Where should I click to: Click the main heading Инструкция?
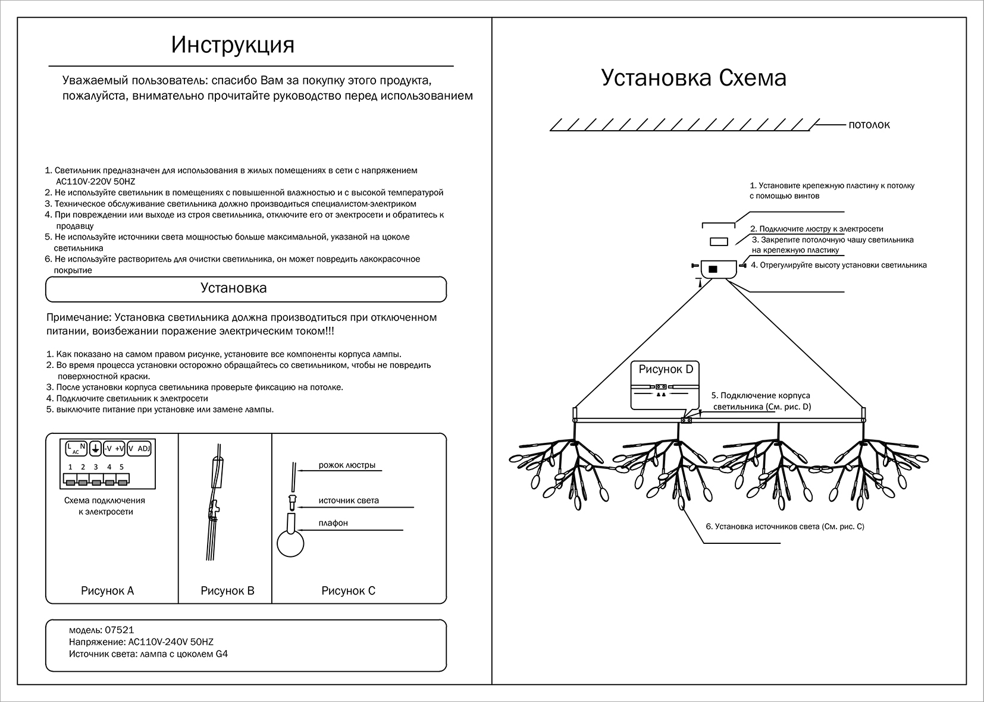click(x=233, y=45)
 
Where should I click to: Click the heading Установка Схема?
click(x=694, y=78)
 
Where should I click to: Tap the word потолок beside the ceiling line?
click(x=869, y=125)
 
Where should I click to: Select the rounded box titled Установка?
click(x=246, y=289)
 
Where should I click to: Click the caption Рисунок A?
click(x=107, y=591)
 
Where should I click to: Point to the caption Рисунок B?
click(x=227, y=591)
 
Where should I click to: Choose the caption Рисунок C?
click(x=348, y=591)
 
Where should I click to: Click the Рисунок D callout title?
click(x=666, y=369)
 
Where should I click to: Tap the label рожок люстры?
click(x=347, y=465)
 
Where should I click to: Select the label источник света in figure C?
click(x=349, y=500)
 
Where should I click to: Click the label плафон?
click(x=333, y=523)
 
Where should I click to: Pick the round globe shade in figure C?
click(x=290, y=544)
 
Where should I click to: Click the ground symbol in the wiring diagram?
click(x=95, y=449)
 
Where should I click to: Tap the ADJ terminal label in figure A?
click(x=143, y=449)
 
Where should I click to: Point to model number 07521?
click(x=115, y=630)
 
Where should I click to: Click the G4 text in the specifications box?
click(x=221, y=654)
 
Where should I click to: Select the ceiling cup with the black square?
click(x=719, y=269)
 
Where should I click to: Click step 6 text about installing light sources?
click(x=785, y=527)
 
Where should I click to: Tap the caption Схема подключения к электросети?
click(x=105, y=506)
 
